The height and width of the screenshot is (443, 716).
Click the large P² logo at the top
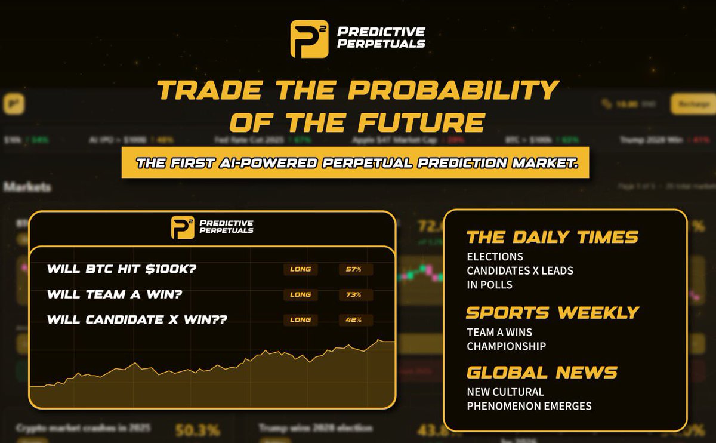click(309, 39)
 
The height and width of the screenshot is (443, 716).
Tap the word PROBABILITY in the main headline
click(454, 91)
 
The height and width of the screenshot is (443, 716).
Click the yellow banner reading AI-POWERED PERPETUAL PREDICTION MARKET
click(355, 163)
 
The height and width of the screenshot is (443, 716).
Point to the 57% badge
click(354, 269)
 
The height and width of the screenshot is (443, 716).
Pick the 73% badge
click(354, 294)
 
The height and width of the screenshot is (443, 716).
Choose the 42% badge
click(354, 320)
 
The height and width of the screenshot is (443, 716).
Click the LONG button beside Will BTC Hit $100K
click(300, 269)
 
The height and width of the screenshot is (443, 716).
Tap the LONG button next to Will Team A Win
click(300, 294)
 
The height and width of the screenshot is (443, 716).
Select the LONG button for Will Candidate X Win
click(300, 320)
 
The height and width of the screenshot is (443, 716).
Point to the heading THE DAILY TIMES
click(552, 237)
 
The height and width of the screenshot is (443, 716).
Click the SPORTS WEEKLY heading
click(552, 312)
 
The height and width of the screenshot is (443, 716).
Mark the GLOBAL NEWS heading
click(541, 373)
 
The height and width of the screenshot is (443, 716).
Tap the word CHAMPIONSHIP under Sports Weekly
click(506, 346)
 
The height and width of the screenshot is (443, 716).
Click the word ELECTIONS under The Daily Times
click(495, 257)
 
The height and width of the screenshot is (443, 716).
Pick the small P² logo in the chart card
click(183, 227)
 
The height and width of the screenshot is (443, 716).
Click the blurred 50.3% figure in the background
click(197, 430)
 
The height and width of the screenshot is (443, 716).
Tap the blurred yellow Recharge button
click(693, 104)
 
